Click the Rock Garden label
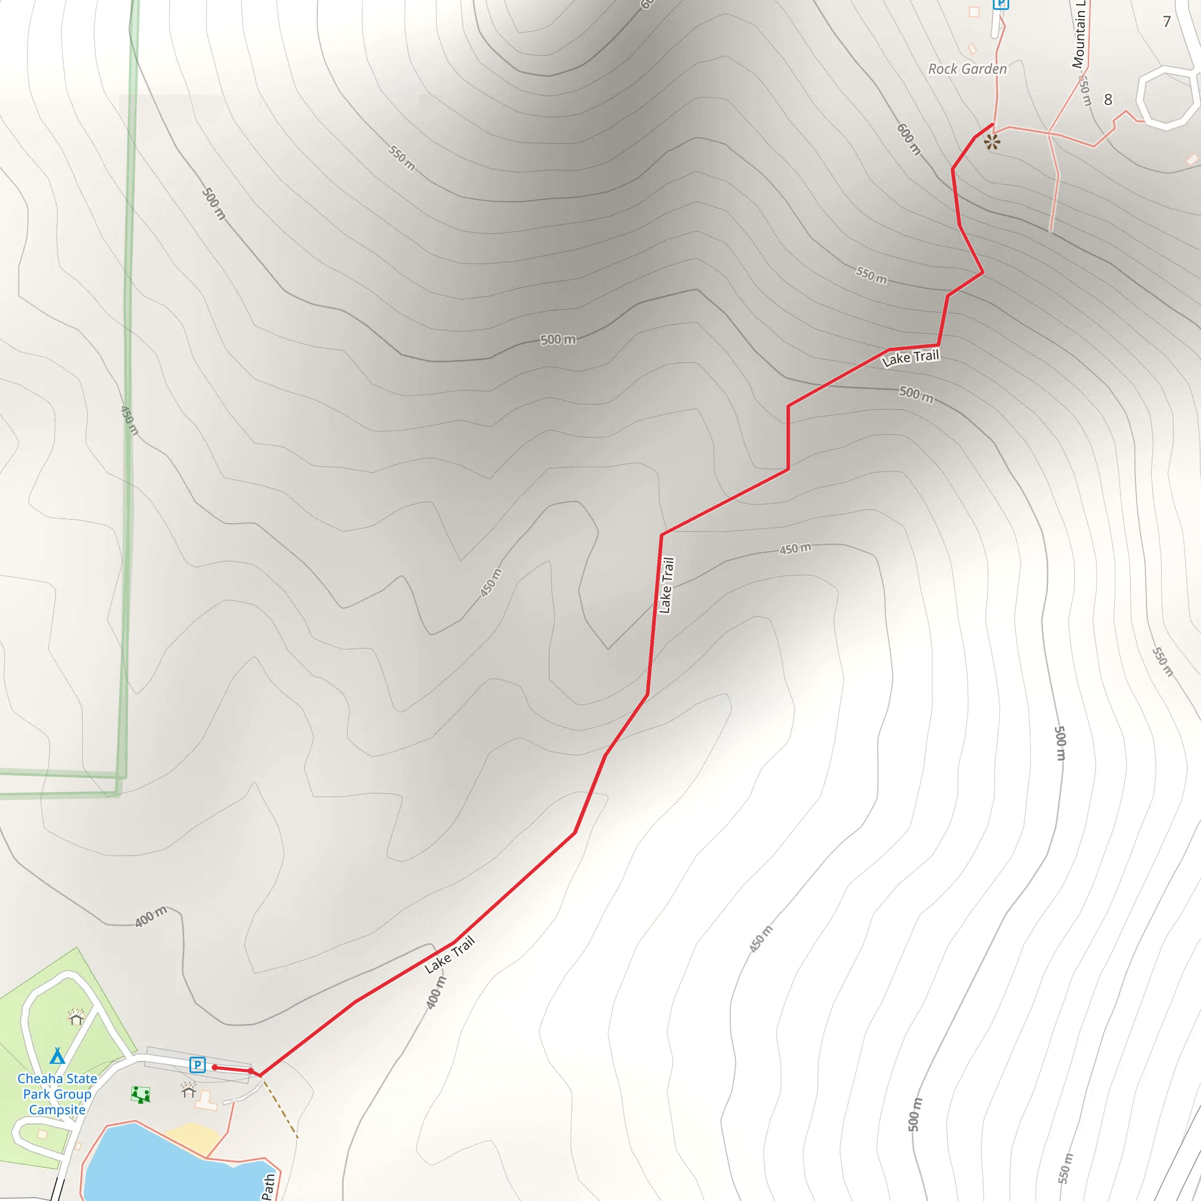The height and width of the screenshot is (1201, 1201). tap(967, 69)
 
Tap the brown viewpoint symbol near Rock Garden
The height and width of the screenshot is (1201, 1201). tap(992, 143)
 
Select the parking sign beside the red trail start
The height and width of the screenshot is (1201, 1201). tap(197, 1065)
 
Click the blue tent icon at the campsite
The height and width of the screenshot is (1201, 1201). tap(57, 1056)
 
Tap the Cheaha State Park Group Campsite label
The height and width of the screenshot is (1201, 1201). tap(57, 1094)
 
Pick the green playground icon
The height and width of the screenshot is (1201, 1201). tap(141, 1095)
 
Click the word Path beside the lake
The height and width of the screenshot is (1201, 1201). tap(268, 1186)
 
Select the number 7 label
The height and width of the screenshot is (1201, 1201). tap(1167, 22)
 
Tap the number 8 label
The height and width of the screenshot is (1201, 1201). tap(1108, 100)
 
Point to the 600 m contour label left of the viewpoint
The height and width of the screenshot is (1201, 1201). tap(908, 139)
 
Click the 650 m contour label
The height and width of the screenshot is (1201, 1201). tap(1084, 90)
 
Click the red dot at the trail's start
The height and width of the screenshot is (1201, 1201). tap(215, 1067)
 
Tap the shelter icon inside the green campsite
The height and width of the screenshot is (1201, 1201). tap(76, 1017)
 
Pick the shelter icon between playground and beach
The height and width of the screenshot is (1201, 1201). tap(188, 1090)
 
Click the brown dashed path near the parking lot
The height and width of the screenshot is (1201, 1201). tap(280, 1110)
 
